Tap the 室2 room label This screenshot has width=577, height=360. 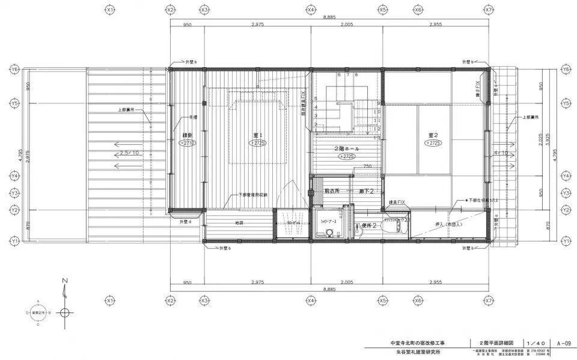[433, 135]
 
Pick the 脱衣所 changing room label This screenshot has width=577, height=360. [332, 191]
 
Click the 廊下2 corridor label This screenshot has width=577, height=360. [367, 191]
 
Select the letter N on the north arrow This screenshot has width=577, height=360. [65, 281]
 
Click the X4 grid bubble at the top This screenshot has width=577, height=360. [311, 10]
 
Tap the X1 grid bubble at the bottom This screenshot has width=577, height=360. [109, 300]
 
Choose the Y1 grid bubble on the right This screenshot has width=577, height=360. [564, 240]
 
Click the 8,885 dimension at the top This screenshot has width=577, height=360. [328, 18]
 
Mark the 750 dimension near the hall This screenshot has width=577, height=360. [366, 166]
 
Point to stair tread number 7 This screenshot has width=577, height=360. [347, 75]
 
